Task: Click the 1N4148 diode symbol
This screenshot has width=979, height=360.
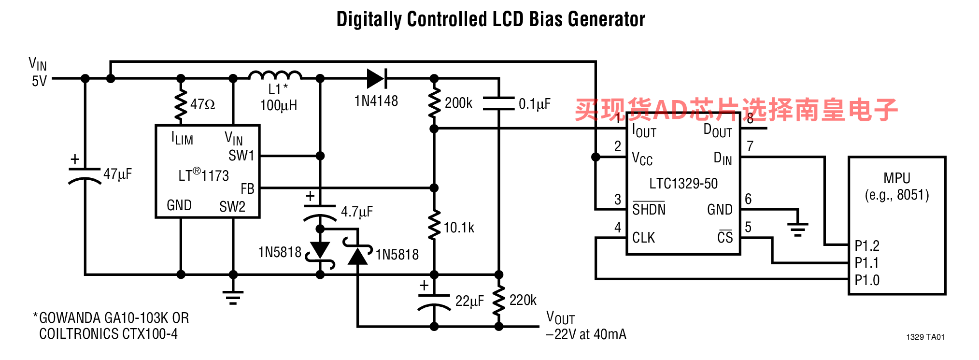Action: (x=377, y=78)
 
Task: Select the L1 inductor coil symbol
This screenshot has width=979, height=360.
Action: (x=275, y=75)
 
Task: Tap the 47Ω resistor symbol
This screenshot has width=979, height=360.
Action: (x=181, y=104)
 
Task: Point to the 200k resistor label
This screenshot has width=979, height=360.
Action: (x=458, y=103)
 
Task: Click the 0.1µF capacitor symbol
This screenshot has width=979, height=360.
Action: (x=499, y=103)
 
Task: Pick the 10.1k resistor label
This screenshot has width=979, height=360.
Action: (x=459, y=228)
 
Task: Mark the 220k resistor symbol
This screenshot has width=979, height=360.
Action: (x=499, y=301)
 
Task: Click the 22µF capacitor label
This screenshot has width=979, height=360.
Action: (x=469, y=301)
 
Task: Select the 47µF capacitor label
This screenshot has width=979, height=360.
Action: (x=117, y=174)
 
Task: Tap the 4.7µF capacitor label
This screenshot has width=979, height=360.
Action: (x=357, y=212)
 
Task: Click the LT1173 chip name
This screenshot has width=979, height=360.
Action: (x=203, y=175)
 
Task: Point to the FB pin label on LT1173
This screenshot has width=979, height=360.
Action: (x=247, y=189)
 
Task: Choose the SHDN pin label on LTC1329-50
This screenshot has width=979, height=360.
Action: (x=649, y=209)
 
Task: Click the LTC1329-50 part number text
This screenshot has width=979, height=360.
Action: (x=683, y=184)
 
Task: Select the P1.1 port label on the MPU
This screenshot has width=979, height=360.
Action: (x=866, y=263)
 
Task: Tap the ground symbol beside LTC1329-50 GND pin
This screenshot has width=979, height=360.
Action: (x=797, y=227)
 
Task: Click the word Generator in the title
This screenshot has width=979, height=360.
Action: (x=606, y=19)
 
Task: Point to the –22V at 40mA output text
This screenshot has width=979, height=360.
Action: (x=586, y=334)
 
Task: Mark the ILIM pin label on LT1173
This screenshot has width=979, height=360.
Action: (x=182, y=139)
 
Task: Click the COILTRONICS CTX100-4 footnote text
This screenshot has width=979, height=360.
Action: (x=108, y=334)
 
